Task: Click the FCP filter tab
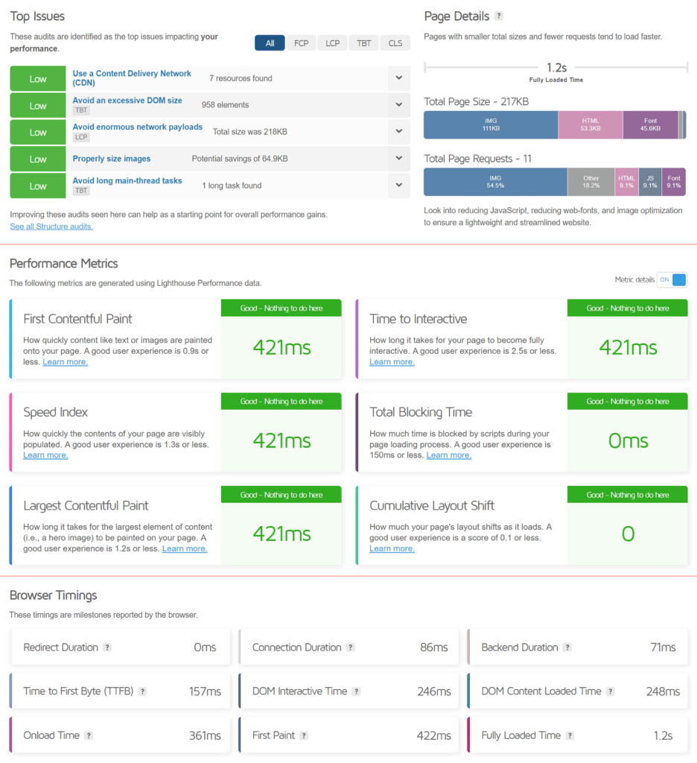click(x=301, y=42)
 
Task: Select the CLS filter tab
click(x=395, y=42)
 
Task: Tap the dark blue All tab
click(x=270, y=42)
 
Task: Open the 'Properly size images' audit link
click(x=111, y=159)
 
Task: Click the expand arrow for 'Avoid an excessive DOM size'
click(x=399, y=105)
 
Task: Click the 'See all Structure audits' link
click(x=51, y=227)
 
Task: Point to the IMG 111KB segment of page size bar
click(x=490, y=125)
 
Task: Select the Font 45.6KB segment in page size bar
click(x=650, y=125)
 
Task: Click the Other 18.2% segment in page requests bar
click(x=591, y=182)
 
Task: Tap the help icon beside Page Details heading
click(x=499, y=16)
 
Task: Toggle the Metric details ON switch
click(x=672, y=280)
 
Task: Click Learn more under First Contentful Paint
click(x=65, y=362)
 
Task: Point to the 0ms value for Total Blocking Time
click(x=628, y=440)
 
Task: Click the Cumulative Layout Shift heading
click(x=431, y=506)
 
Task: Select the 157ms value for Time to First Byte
click(x=205, y=691)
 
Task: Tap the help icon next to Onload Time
click(x=89, y=735)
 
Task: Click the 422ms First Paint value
click(x=433, y=735)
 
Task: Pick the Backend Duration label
click(x=519, y=648)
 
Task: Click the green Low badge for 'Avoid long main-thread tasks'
click(x=38, y=186)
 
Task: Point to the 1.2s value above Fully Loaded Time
click(x=556, y=67)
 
